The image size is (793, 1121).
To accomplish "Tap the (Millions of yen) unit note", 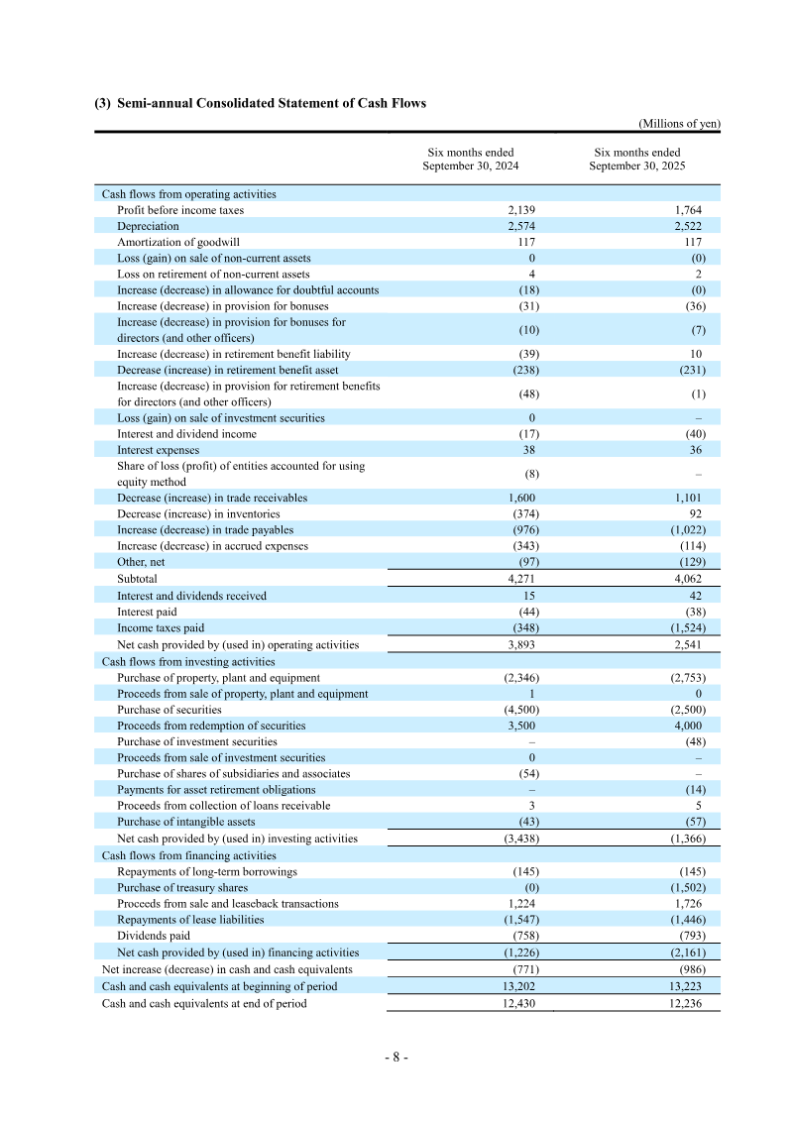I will (679, 123).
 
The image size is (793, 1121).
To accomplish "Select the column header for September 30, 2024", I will (470, 160).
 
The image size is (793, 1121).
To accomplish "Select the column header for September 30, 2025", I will (636, 160).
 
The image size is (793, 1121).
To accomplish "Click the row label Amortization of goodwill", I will (178, 242).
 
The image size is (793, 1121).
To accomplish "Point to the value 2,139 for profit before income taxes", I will (521, 210).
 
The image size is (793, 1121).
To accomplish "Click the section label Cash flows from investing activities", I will (188, 661).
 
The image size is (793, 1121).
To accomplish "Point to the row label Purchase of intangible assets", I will (185, 822).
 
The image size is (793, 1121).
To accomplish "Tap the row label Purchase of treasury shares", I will (182, 888).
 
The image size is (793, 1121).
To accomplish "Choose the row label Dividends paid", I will (153, 936).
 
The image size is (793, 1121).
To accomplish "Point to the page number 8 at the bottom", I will (396, 1057).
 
